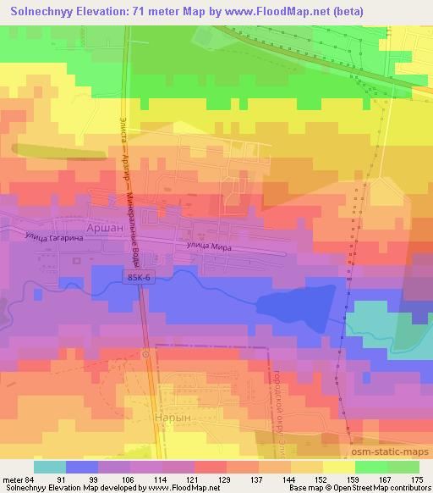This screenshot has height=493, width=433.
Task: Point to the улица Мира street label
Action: (208, 246)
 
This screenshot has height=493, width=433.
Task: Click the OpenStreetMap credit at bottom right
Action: (389, 488)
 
